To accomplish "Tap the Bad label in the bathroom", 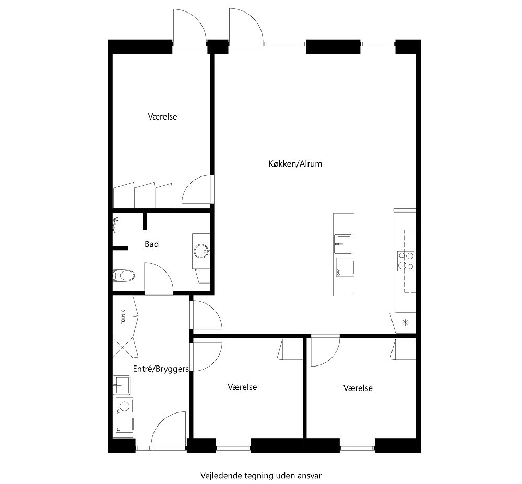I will (x=151, y=244).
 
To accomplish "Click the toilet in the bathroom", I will (x=124, y=275).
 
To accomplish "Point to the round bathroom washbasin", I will (x=201, y=252).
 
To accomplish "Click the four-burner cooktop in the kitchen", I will (x=406, y=261).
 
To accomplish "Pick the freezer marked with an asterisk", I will (x=406, y=322).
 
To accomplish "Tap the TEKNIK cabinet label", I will (x=123, y=316).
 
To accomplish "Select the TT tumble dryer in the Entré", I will (x=124, y=427).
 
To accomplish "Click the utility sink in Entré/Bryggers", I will (x=123, y=385).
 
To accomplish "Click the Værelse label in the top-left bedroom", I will (x=162, y=116).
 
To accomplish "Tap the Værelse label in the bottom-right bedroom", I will (x=358, y=388).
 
